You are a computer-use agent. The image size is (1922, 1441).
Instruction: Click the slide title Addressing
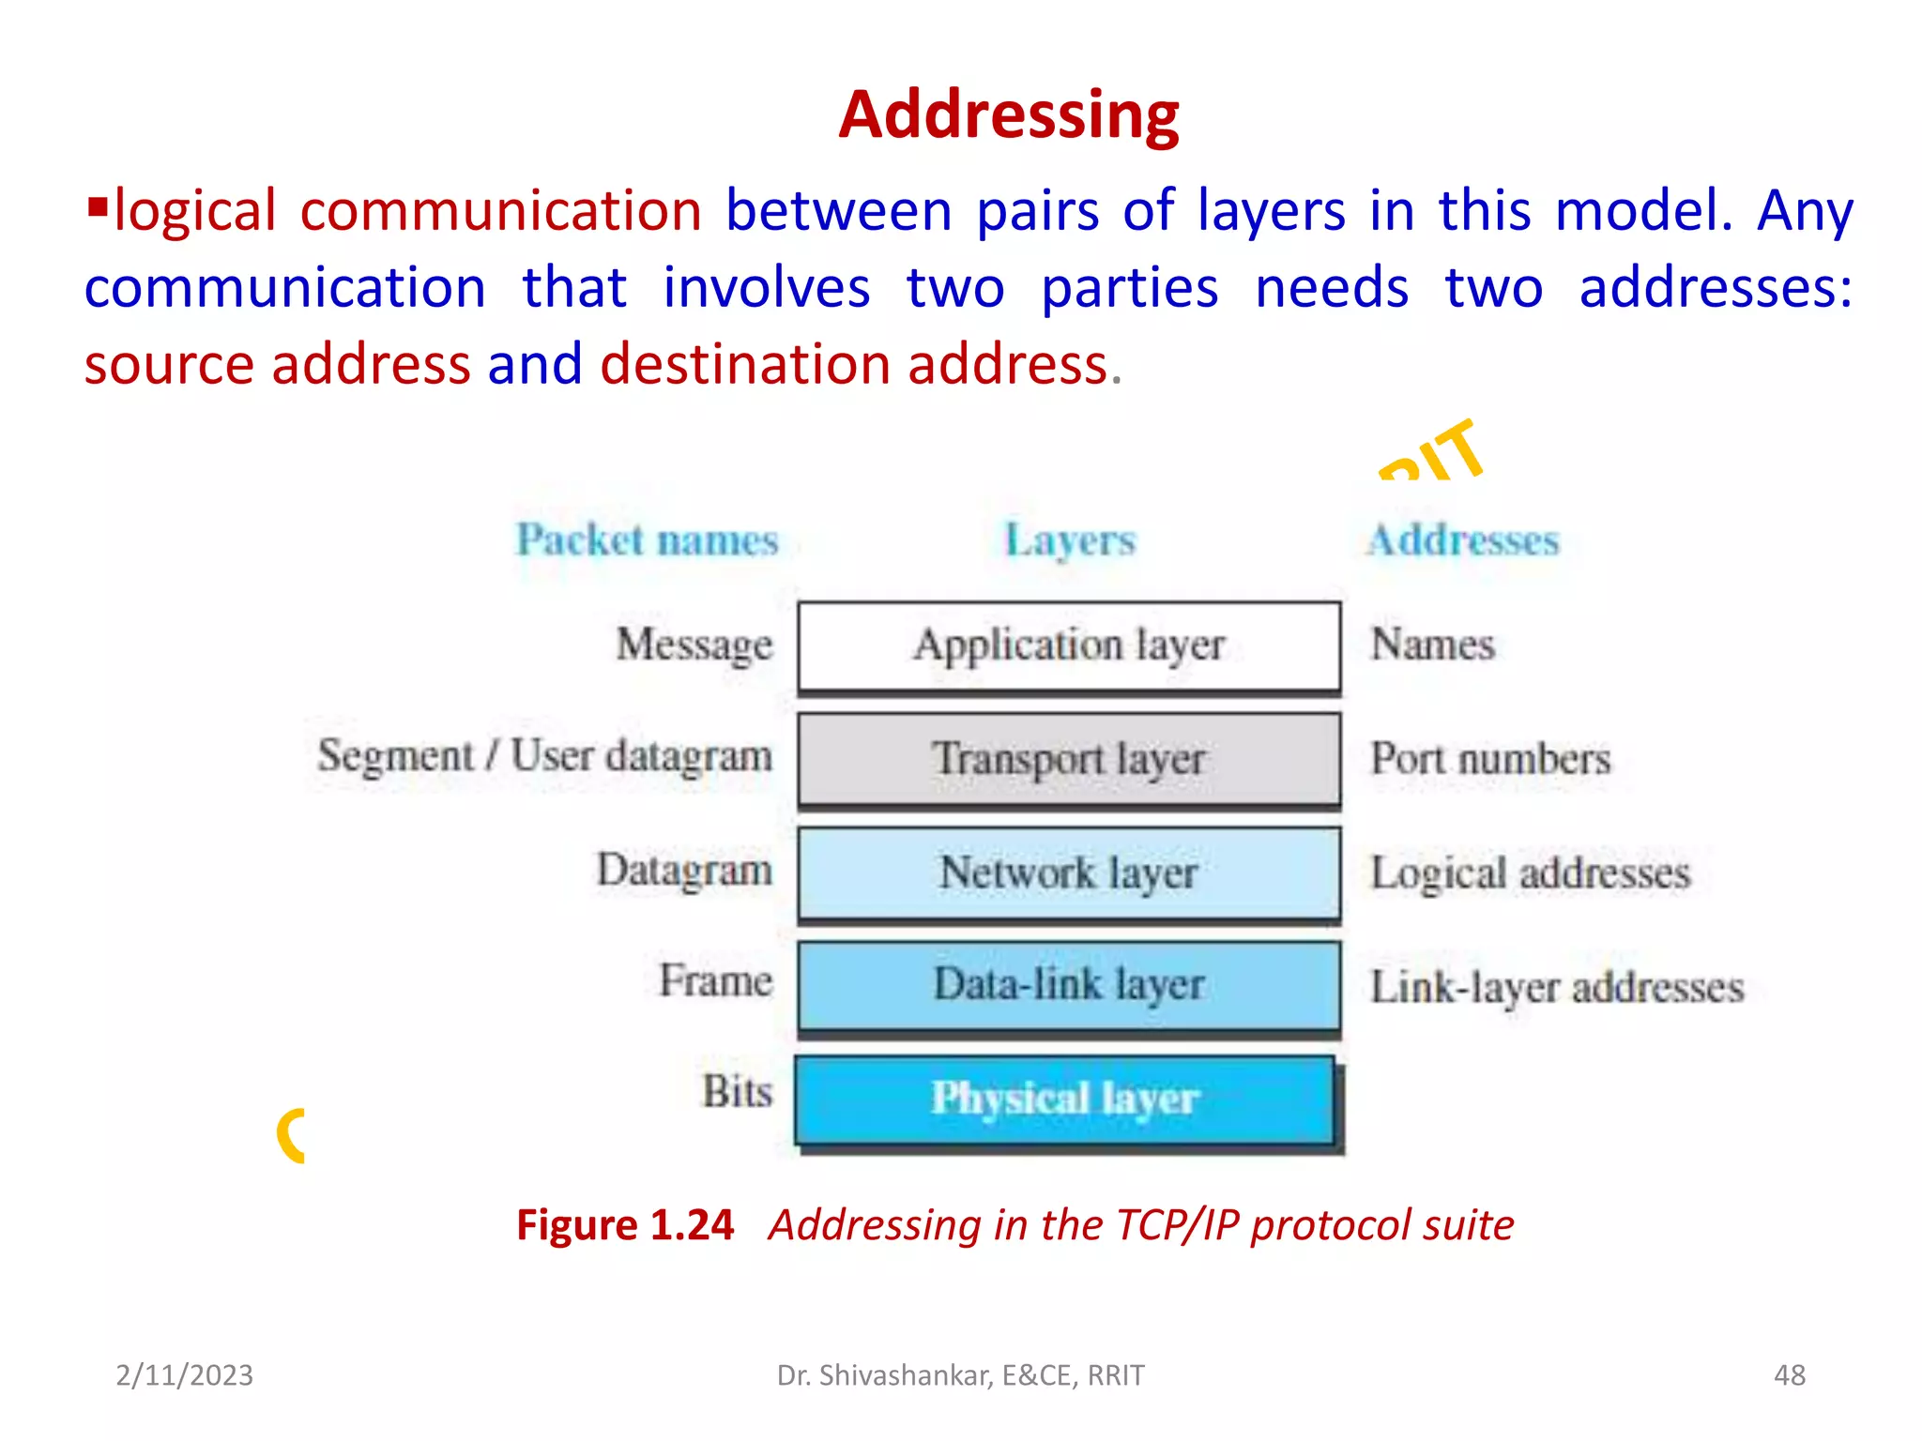1009,114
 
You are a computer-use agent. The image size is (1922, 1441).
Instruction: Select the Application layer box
1069,646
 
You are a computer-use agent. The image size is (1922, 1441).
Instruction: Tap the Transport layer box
1069,759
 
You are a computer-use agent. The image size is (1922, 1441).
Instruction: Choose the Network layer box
1069,873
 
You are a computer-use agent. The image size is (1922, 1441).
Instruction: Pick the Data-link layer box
1069,986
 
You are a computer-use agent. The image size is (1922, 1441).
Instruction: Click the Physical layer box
1065,1100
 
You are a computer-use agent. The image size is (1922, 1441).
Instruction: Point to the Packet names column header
648,540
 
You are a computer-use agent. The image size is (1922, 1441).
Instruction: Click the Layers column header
1070,540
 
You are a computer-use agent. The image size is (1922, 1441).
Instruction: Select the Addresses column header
1463,540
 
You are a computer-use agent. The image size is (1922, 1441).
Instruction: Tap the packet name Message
694,645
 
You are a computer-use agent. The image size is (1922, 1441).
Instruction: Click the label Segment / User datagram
545,757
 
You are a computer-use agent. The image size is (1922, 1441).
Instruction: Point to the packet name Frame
716,981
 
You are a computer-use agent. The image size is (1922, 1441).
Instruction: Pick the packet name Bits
738,1092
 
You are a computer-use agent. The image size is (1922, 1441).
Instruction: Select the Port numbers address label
1490,759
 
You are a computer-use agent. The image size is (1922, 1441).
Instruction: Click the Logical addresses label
1531,873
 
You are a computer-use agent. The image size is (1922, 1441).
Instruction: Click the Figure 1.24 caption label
625,1225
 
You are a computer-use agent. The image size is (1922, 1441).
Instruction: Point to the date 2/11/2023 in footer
184,1375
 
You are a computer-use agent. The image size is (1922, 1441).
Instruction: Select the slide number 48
1789,1375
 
